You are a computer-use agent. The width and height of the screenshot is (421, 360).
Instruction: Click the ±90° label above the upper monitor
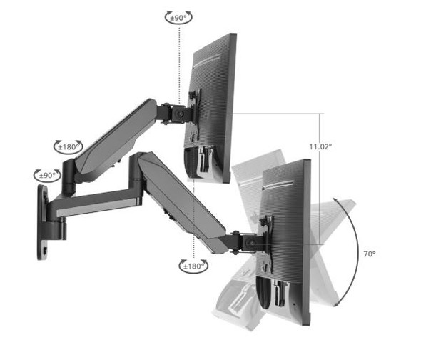pyautogui.click(x=179, y=16)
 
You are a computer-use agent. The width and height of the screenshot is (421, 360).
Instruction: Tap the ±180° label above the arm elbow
pyautogui.click(x=69, y=146)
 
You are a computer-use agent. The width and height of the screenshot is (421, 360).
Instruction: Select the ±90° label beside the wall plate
pyautogui.click(x=47, y=175)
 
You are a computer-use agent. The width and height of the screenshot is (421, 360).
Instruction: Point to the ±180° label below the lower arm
pyautogui.click(x=193, y=266)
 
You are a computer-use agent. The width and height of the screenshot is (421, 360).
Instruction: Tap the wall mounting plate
pyautogui.click(x=43, y=221)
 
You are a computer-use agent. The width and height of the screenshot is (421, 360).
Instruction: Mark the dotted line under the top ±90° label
pyautogui.click(x=180, y=57)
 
